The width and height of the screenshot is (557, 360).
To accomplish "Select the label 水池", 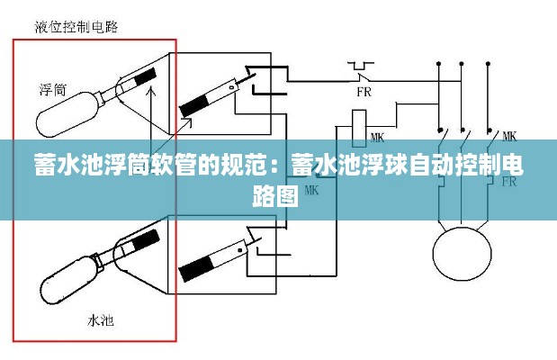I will [x=98, y=319].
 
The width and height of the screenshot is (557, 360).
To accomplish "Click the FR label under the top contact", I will [x=364, y=91].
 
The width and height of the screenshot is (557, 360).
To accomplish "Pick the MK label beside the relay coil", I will [x=377, y=137].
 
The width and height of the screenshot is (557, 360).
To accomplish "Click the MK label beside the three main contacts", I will [x=508, y=136].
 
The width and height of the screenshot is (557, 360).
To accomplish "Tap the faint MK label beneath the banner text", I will [x=312, y=190].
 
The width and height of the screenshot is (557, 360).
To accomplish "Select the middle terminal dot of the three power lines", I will [x=462, y=65].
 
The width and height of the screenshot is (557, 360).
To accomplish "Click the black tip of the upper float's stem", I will [x=147, y=78].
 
